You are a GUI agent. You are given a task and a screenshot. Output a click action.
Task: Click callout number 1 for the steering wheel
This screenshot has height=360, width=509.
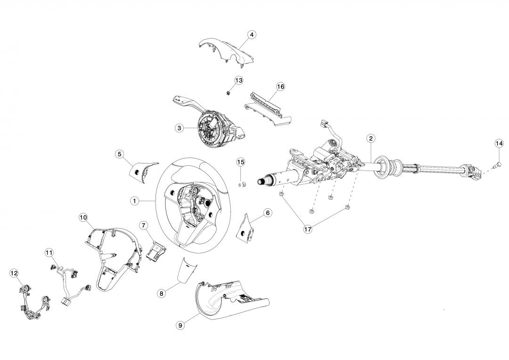(x=134, y=201)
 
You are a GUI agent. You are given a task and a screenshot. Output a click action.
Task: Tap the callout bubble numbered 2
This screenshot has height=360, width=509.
(x=371, y=138)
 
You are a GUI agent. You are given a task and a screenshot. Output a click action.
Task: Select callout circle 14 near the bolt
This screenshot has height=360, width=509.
(x=499, y=143)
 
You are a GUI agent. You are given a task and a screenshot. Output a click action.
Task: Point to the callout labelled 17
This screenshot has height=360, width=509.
(x=308, y=229)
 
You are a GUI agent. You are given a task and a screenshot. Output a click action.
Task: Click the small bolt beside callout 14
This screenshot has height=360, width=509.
(x=498, y=164)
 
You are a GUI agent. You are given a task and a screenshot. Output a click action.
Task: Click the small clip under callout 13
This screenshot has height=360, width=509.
(x=228, y=92)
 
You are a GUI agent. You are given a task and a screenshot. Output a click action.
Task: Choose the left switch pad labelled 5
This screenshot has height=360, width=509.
(x=140, y=170)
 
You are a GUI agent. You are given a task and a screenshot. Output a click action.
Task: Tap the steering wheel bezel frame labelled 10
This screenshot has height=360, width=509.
(x=113, y=254)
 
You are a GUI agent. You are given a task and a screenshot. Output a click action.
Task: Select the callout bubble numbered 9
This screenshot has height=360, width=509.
(x=181, y=325)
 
